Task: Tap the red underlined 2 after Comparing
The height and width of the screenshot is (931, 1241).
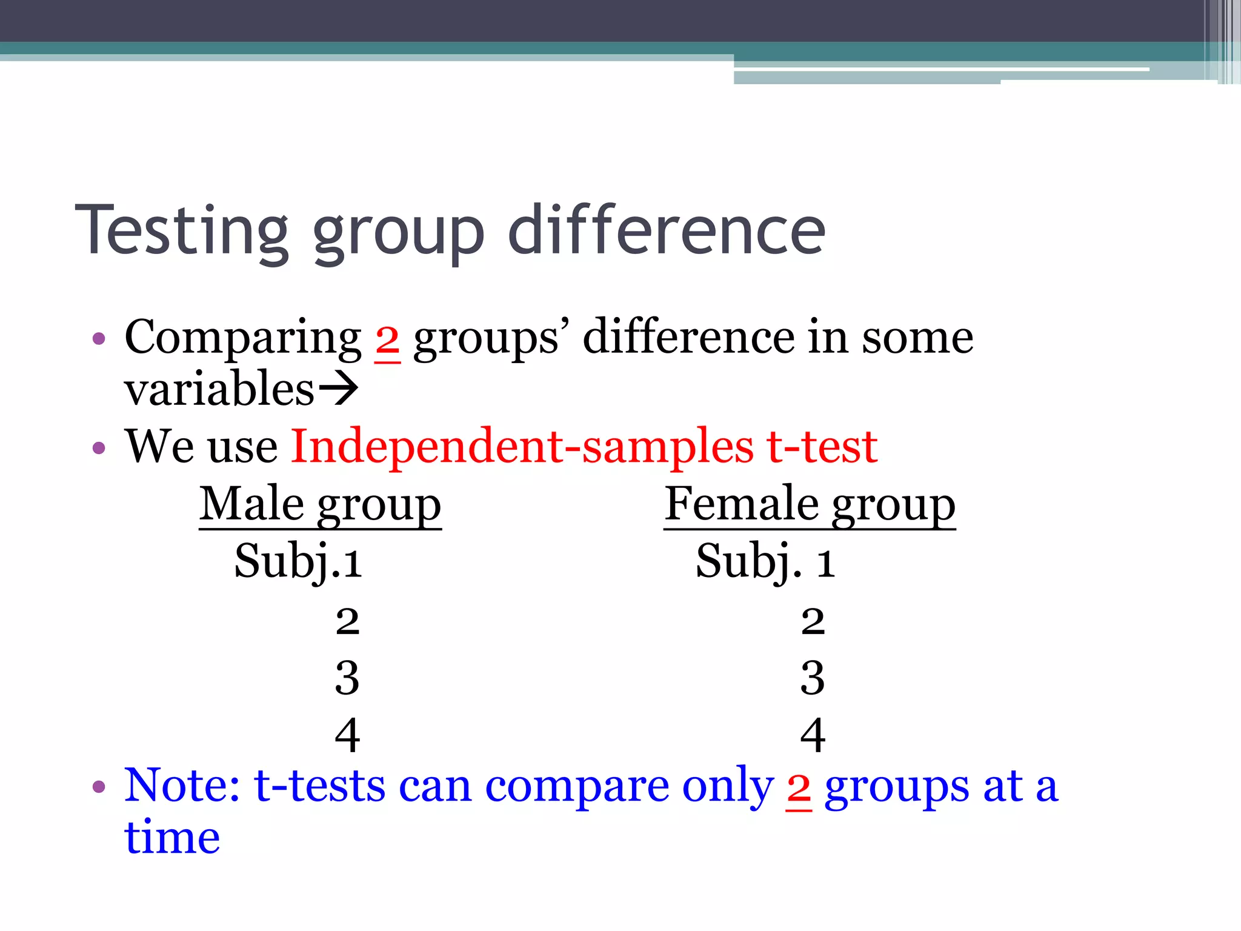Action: (x=387, y=341)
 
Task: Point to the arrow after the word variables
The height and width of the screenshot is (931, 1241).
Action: (x=338, y=389)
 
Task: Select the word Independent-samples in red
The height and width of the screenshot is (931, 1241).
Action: (x=522, y=447)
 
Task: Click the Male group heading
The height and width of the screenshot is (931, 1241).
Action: (x=320, y=504)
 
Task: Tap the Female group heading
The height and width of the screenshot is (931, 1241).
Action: (x=810, y=504)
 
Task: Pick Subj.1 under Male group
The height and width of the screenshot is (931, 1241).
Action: (x=298, y=562)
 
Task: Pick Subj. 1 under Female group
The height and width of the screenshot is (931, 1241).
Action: (x=765, y=562)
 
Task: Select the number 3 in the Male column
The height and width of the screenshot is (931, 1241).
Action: (x=347, y=678)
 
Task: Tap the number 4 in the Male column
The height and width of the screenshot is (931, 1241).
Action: (x=347, y=735)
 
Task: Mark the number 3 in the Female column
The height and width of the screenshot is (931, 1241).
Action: (x=813, y=678)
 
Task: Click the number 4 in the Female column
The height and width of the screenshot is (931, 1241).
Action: (x=813, y=735)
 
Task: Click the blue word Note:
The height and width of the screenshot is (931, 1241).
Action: (x=182, y=786)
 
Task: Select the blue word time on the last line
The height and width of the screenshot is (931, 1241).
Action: (x=172, y=838)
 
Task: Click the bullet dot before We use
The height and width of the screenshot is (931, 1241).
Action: (x=99, y=449)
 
